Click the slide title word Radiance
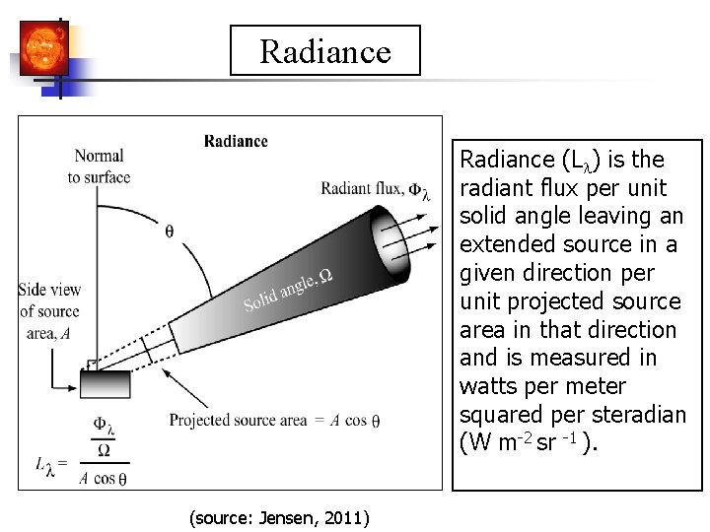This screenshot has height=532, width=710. [x=325, y=51]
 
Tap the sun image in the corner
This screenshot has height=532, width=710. [x=42, y=47]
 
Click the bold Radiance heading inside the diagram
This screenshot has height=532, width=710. [x=236, y=141]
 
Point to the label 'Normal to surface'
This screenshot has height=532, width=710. [x=99, y=166]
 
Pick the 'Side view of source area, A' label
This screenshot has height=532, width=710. [x=49, y=310]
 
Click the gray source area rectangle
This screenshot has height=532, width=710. [x=106, y=383]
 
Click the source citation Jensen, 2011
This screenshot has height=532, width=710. [x=278, y=516]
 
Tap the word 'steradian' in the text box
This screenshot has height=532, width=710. [x=641, y=414]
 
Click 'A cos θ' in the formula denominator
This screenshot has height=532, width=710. [x=103, y=479]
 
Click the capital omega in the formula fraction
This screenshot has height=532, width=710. [x=105, y=451]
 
